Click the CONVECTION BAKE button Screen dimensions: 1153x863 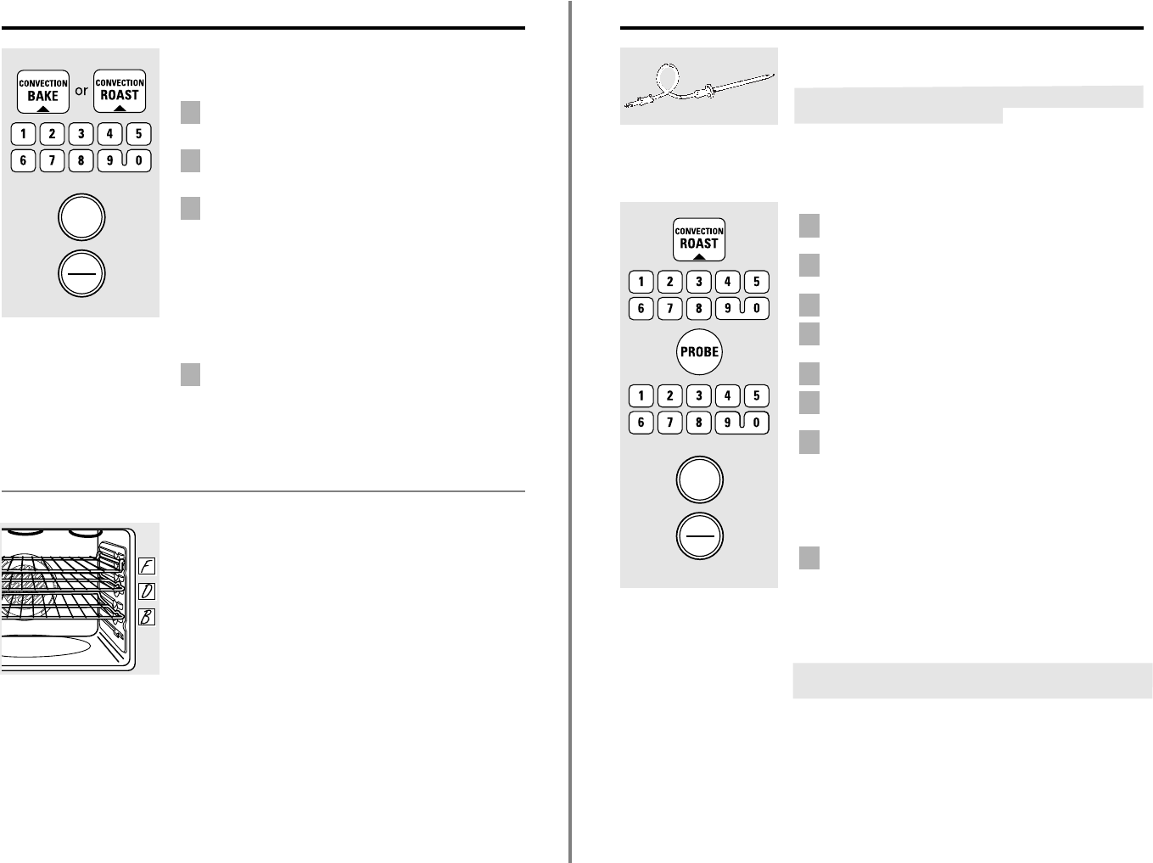43,92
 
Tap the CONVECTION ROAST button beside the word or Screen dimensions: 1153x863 120,91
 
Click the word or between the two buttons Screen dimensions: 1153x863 81,91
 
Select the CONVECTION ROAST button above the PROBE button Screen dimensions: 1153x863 699,239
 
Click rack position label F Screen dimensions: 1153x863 147,566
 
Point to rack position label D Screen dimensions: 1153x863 147,591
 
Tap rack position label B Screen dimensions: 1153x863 147,617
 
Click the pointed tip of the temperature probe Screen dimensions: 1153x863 775,76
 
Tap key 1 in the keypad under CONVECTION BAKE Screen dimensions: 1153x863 23,134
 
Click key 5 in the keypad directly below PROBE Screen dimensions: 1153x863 757,395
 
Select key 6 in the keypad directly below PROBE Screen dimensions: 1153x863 641,423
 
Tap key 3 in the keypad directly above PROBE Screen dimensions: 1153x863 698,282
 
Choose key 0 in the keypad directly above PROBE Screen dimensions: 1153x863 757,308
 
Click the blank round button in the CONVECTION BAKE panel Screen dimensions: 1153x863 81,217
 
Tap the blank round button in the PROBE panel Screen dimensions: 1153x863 699,479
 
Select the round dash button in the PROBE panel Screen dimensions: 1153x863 699,535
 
